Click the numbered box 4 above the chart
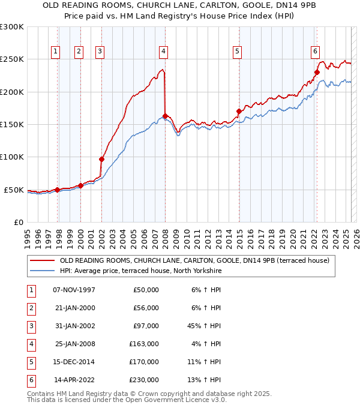pyautogui.click(x=163, y=52)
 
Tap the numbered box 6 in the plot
pyautogui.click(x=315, y=52)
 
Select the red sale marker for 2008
pyautogui.click(x=164, y=116)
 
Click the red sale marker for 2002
pyautogui.click(x=101, y=159)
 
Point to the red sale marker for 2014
pyautogui.click(x=239, y=111)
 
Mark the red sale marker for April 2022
pyautogui.click(x=317, y=72)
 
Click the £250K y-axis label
pyautogui.click(x=12, y=59)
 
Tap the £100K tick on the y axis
pyautogui.click(x=12, y=157)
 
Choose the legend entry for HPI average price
pyautogui.click(x=140, y=271)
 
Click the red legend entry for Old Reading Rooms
pyautogui.click(x=194, y=261)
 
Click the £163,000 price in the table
pyautogui.click(x=145, y=344)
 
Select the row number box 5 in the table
pyautogui.click(x=29, y=362)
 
